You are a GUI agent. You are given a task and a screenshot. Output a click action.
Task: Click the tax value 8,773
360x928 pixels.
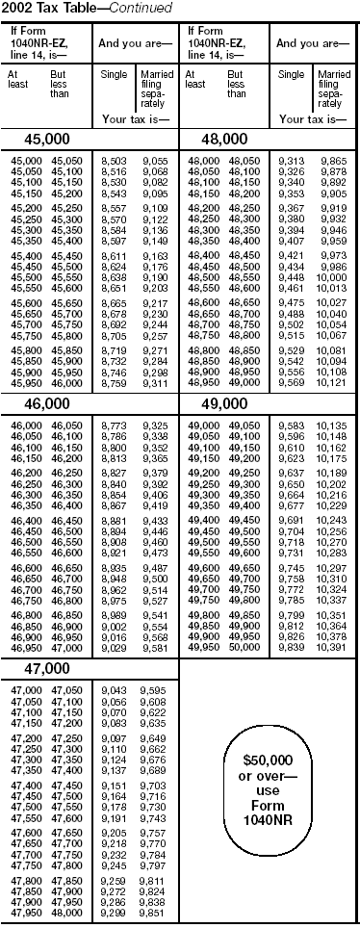coord(112,451)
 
